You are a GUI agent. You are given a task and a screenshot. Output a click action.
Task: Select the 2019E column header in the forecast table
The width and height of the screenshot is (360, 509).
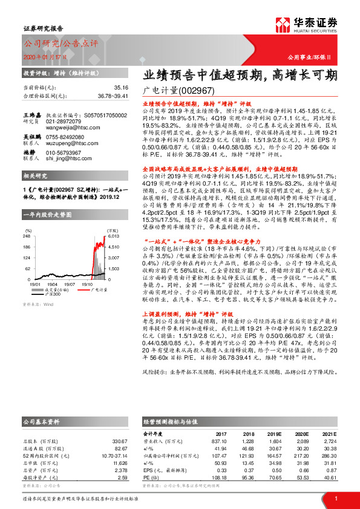coord(275,433)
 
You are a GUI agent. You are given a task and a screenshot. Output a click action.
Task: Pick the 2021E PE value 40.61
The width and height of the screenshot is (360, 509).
coord(330,477)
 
